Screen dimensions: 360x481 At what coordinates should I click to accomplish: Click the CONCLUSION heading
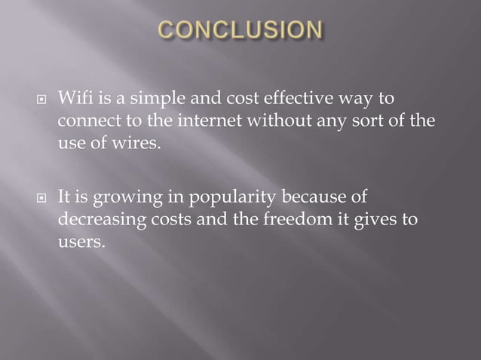[240, 31]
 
